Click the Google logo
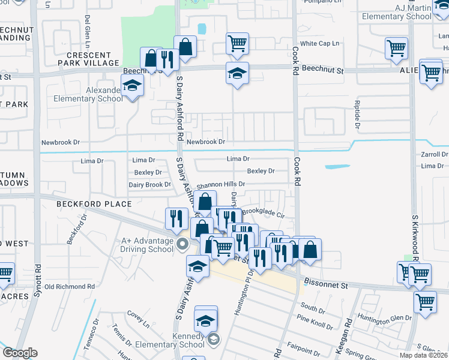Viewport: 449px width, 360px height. click(20, 353)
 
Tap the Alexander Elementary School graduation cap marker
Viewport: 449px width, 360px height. click(132, 87)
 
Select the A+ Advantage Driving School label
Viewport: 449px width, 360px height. click(143, 245)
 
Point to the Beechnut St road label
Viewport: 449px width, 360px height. click(322, 70)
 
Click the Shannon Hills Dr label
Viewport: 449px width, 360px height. click(217, 184)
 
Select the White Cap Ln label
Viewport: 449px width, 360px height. click(319, 44)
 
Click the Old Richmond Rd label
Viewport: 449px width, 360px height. click(70, 287)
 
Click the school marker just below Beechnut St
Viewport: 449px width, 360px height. click(237, 75)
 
